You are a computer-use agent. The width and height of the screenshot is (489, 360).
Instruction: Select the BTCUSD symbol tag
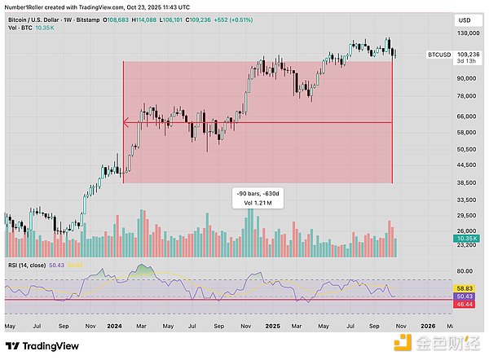pos(416,55)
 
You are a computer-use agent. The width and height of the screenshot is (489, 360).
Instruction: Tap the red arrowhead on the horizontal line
pos(126,123)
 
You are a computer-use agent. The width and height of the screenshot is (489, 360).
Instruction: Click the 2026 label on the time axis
pos(427,326)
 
